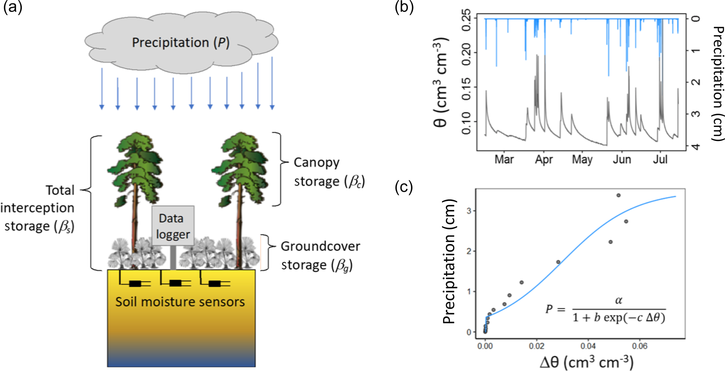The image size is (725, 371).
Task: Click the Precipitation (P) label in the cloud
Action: click(x=180, y=42)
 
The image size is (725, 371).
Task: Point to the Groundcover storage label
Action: click(x=320, y=256)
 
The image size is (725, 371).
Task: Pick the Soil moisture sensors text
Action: click(x=180, y=302)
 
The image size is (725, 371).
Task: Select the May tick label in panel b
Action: click(x=582, y=160)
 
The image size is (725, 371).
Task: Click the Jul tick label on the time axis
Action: click(x=660, y=160)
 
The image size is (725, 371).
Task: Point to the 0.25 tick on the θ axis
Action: click(x=466, y=20)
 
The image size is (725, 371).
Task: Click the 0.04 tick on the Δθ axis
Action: click(x=588, y=346)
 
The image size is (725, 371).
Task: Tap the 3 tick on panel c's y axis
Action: click(x=469, y=211)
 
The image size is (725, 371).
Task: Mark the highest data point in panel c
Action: click(x=618, y=195)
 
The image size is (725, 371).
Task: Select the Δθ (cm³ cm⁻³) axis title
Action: click(x=586, y=362)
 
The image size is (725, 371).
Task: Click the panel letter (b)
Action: click(x=404, y=7)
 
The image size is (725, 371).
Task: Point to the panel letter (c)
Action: click(x=404, y=187)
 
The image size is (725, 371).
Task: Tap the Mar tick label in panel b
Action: click(x=504, y=160)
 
